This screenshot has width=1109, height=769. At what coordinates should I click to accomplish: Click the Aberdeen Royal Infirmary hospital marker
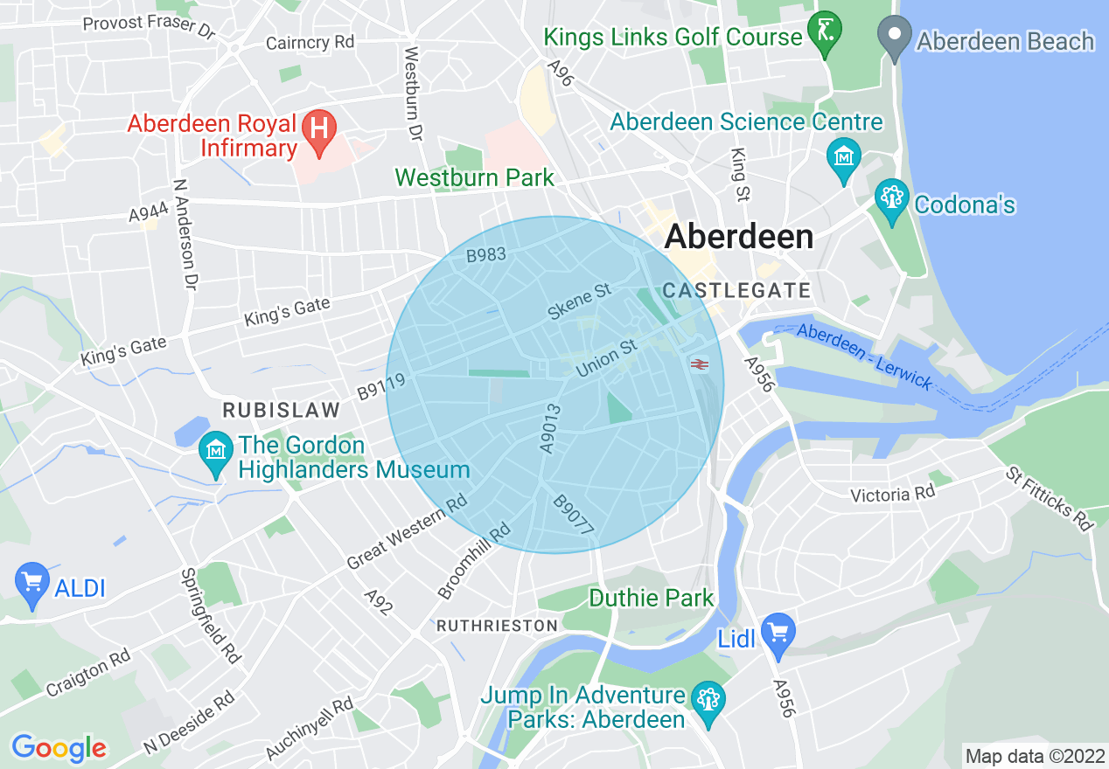(x=318, y=129)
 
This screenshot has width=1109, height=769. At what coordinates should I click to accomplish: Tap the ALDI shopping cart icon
(x=32, y=582)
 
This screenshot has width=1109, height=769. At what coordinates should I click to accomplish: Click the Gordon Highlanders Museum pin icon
(x=216, y=453)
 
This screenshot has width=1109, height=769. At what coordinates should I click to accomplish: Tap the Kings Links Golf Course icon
(x=825, y=31)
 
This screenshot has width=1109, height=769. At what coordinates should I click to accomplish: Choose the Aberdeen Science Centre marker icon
(x=843, y=159)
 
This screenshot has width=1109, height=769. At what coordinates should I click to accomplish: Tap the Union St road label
(x=605, y=359)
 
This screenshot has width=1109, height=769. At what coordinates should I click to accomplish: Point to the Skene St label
(x=578, y=301)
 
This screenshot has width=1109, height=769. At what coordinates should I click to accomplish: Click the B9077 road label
(x=574, y=516)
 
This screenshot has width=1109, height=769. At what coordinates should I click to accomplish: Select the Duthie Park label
(x=652, y=599)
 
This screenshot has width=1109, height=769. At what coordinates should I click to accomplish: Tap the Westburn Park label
(x=474, y=178)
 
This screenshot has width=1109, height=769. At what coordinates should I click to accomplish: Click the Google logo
(x=59, y=748)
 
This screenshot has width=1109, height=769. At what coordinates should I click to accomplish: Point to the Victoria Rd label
(x=893, y=495)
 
